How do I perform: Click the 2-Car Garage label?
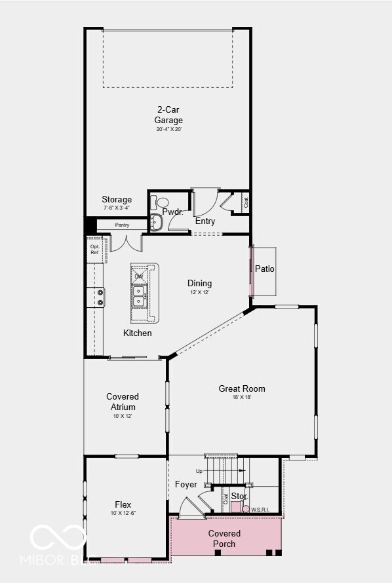168,115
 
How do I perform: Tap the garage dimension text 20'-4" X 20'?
168,130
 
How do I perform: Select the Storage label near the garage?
117,200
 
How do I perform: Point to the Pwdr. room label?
172,212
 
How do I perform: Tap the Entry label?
205,221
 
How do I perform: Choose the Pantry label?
122,225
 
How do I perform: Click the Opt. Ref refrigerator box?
94,250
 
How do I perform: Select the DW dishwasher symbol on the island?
139,276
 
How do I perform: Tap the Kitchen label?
138,333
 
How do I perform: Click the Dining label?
200,284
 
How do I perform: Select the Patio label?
265,269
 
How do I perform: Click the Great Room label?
242,389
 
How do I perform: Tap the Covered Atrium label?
123,402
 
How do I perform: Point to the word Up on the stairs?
199,471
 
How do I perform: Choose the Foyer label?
186,485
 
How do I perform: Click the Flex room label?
123,505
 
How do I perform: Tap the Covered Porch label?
225,538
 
